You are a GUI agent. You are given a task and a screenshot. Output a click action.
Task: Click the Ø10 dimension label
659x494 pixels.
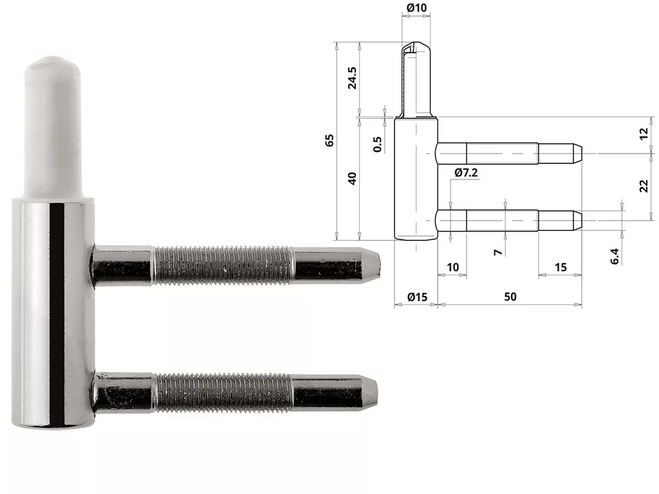point(416,8)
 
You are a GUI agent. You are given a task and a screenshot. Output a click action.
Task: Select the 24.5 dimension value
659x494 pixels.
point(352,78)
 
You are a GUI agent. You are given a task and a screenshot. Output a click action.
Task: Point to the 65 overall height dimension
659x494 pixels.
point(329,140)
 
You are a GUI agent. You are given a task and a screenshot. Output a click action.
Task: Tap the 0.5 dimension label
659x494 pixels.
point(377,144)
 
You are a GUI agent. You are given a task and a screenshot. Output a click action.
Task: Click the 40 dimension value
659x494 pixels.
point(352,179)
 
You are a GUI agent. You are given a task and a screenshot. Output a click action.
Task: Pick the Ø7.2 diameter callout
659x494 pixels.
point(466,172)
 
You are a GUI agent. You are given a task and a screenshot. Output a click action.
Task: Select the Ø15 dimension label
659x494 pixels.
point(417,297)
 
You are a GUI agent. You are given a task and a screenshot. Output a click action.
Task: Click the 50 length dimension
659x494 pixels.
point(510,297)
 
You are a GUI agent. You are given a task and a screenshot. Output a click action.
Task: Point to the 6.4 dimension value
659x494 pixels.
point(615,256)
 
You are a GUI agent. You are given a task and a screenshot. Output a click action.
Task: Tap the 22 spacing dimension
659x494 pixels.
point(644,186)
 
